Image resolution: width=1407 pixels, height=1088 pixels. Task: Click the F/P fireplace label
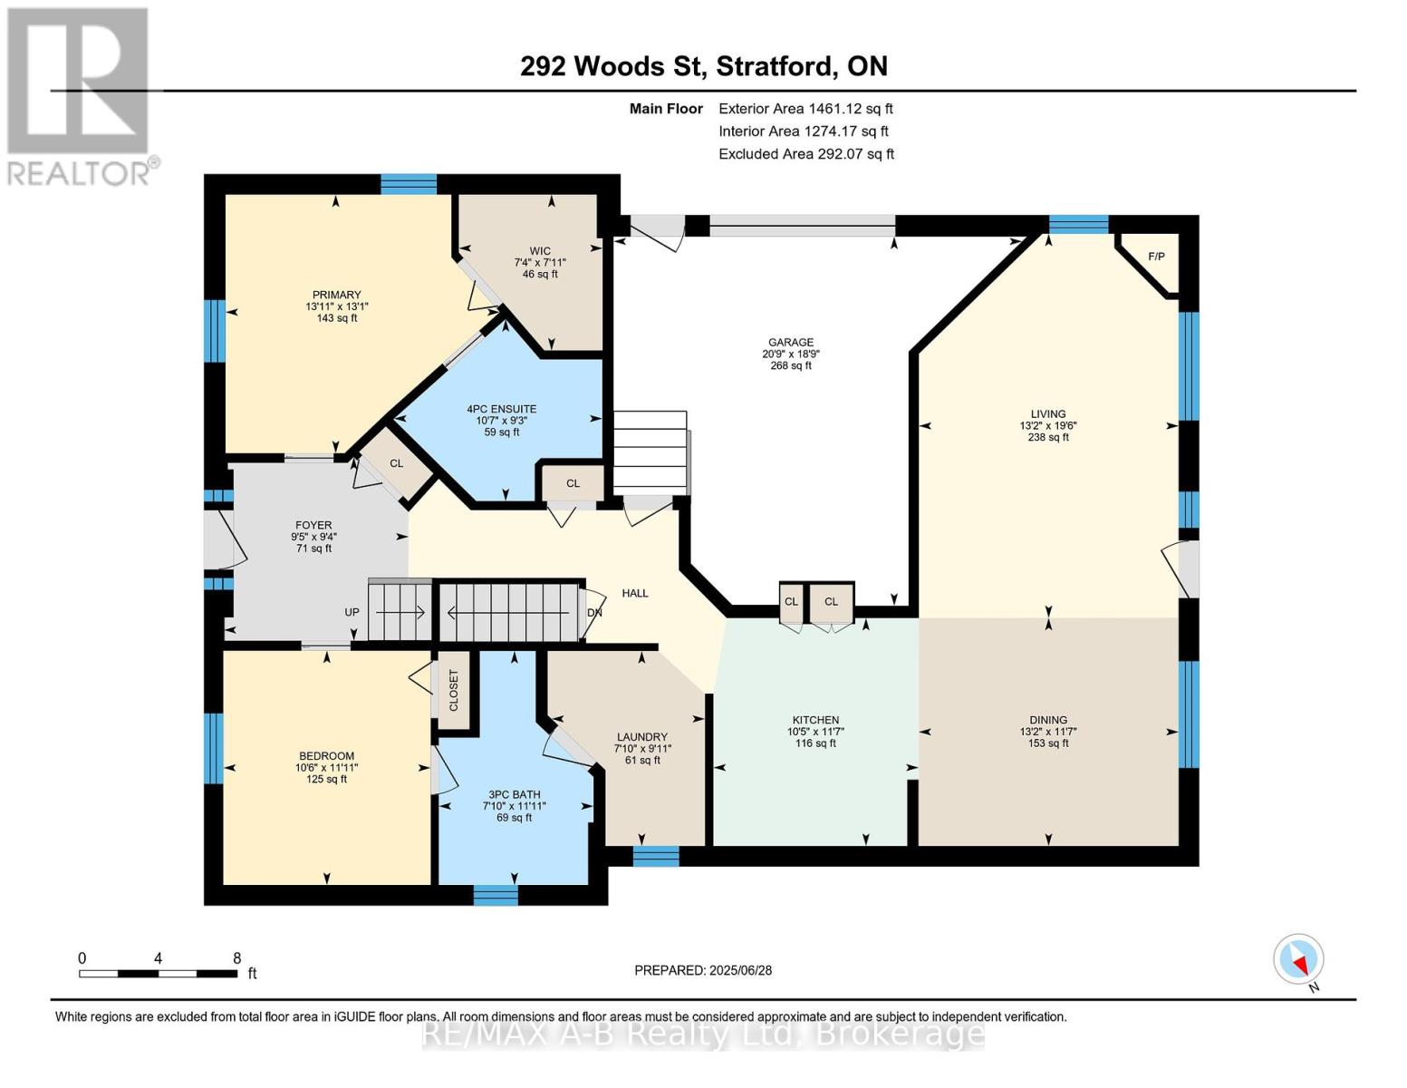tap(1156, 256)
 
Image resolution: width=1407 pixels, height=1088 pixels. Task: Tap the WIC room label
tap(540, 251)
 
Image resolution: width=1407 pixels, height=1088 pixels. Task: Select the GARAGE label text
tap(791, 342)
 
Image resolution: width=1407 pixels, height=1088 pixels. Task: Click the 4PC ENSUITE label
tap(502, 409)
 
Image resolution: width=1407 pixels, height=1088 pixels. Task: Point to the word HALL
tap(634, 593)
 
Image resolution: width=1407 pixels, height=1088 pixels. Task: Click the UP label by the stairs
tap(352, 612)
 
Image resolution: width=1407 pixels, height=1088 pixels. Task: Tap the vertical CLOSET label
tap(453, 690)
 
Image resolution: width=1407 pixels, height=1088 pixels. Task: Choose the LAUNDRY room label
tap(641, 737)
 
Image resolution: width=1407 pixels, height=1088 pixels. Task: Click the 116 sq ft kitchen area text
tap(815, 743)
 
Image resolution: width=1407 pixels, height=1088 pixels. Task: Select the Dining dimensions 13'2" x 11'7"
tap(1048, 732)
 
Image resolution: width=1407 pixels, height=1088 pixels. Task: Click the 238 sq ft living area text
tap(1048, 437)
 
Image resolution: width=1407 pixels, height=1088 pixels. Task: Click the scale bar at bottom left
tap(158, 973)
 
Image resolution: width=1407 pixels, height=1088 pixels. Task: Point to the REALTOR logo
tap(81, 97)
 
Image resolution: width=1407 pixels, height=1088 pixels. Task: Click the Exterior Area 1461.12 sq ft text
tap(805, 109)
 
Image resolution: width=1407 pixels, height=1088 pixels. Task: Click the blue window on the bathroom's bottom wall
tap(496, 895)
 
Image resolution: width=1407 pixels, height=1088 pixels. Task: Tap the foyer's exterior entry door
tap(221, 539)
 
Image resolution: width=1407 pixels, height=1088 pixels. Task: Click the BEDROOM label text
tap(326, 756)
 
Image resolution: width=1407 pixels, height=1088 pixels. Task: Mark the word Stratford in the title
tap(774, 66)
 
